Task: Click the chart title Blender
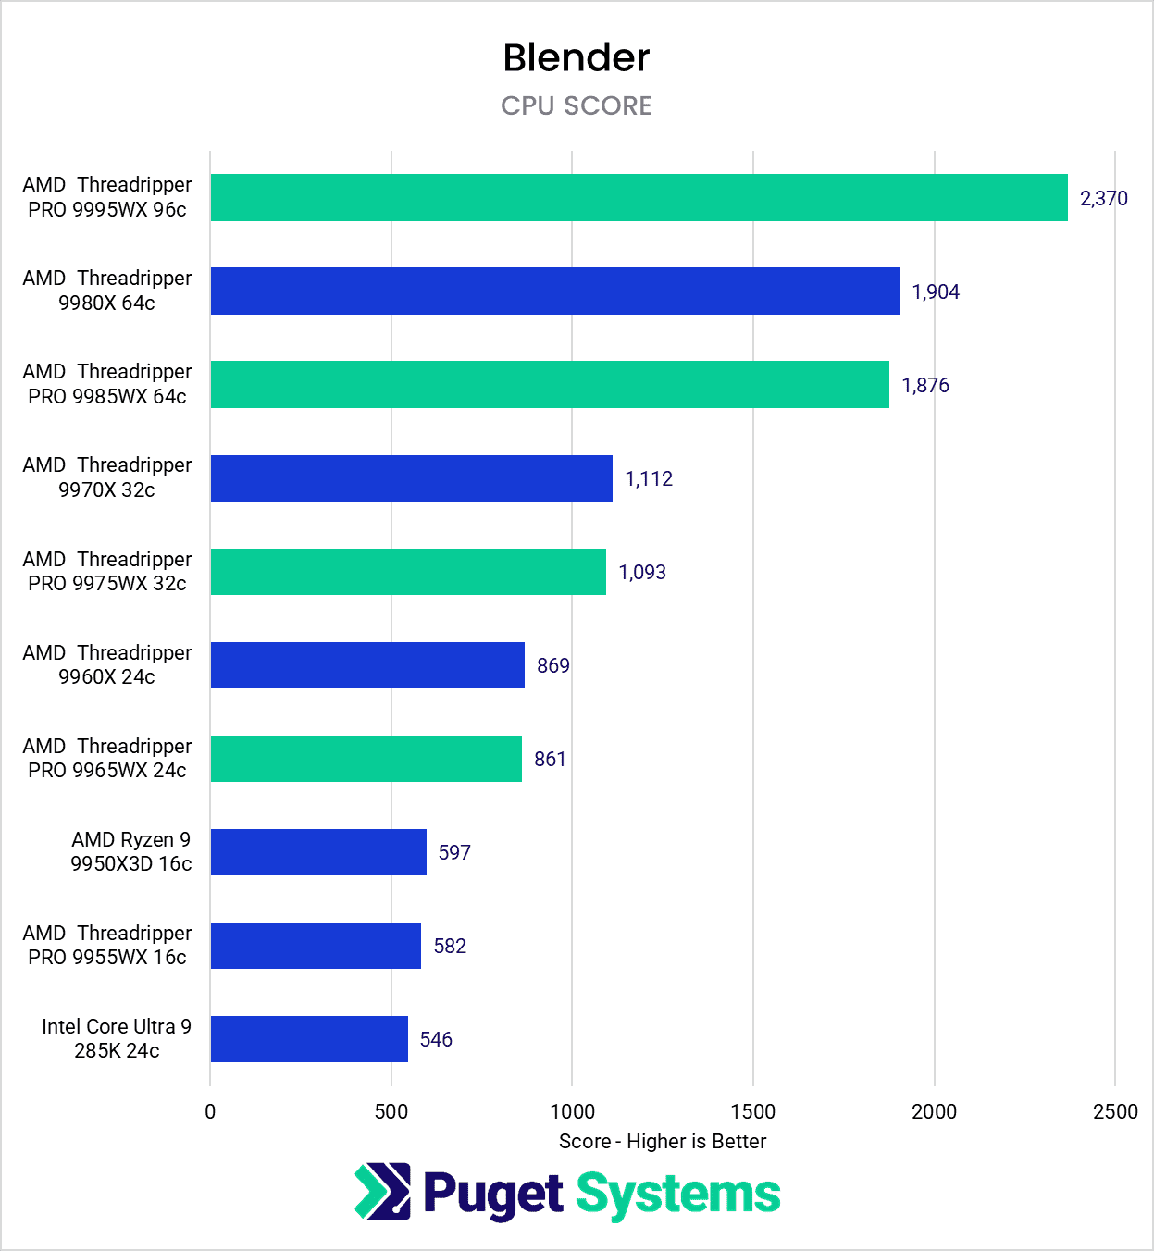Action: coord(576,57)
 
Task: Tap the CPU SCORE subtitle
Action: coord(576,105)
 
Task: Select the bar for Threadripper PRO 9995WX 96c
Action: coord(639,197)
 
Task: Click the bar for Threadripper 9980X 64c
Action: coord(554,291)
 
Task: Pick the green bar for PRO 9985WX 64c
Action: coord(550,384)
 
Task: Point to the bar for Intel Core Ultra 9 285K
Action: coord(309,1038)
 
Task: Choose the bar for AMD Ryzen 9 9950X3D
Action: coord(318,851)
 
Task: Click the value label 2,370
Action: coord(1103,198)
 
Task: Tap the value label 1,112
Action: coord(649,478)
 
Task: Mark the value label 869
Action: coord(552,665)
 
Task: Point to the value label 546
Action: coord(436,1039)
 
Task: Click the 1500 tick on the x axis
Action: coord(752,1111)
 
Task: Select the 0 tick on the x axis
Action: coord(210,1111)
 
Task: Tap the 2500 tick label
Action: coord(1114,1111)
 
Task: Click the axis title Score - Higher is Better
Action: coord(663,1141)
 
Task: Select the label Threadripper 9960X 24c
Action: coord(107,664)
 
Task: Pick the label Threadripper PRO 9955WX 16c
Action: coord(107,945)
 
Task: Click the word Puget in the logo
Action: coord(493,1194)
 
